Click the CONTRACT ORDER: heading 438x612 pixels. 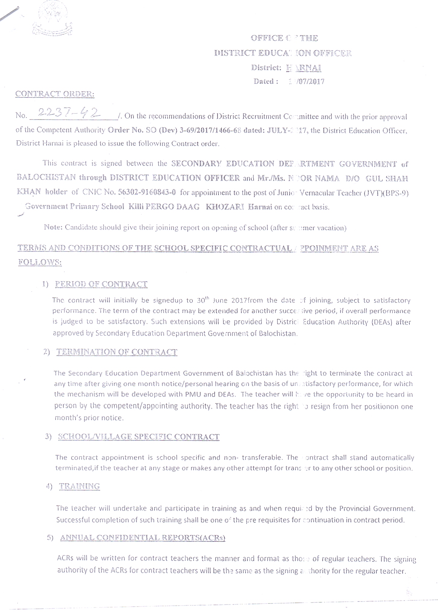(x=55, y=94)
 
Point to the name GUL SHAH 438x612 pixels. (x=386, y=178)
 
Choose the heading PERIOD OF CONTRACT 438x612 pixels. (x=101, y=284)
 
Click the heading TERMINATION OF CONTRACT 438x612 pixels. (x=117, y=352)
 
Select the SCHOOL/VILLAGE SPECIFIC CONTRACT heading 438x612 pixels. (x=138, y=437)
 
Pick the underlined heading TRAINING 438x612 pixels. (x=79, y=486)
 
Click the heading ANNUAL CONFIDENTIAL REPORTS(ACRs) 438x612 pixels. (x=143, y=537)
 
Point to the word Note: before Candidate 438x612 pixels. (x=53, y=227)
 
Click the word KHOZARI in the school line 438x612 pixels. (x=225, y=207)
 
